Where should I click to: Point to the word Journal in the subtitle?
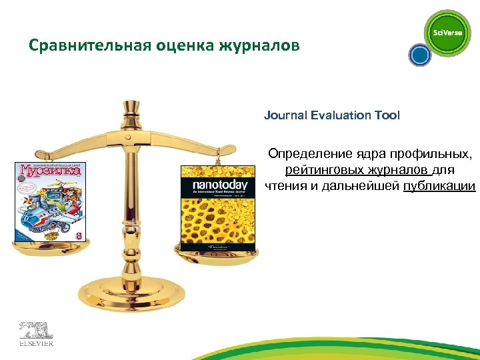point(286,115)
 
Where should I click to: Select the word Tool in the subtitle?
point(388,115)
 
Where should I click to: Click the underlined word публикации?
point(439,185)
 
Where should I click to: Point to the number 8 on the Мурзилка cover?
point(79,235)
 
